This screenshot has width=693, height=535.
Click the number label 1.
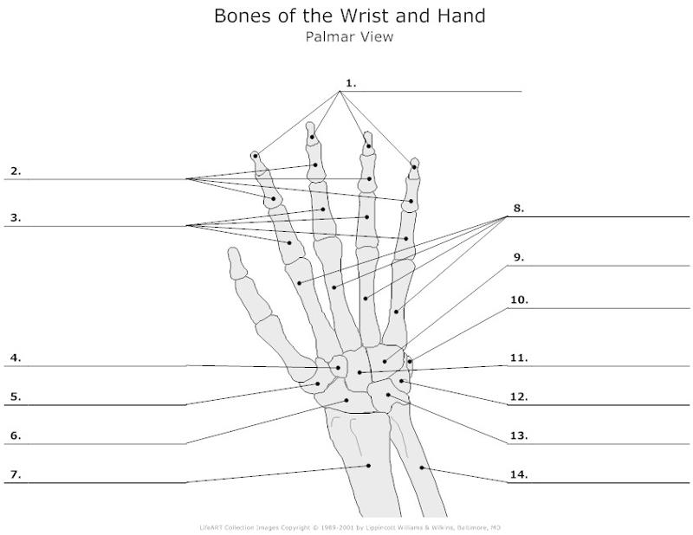point(350,83)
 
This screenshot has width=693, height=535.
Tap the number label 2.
point(16,171)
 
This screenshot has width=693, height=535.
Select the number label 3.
point(16,218)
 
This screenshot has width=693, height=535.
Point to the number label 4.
point(16,358)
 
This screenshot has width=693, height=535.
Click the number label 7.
point(16,474)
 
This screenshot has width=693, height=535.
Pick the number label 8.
point(518,209)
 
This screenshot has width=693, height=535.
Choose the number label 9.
point(518,257)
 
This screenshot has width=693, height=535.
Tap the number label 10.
point(518,300)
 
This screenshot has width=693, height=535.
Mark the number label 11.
point(518,358)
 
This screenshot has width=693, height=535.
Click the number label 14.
point(518,474)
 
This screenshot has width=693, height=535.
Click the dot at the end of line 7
point(369,466)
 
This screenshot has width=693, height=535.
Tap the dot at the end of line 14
point(423,468)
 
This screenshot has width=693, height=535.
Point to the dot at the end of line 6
point(347,400)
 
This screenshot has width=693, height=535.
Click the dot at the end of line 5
point(319,384)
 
